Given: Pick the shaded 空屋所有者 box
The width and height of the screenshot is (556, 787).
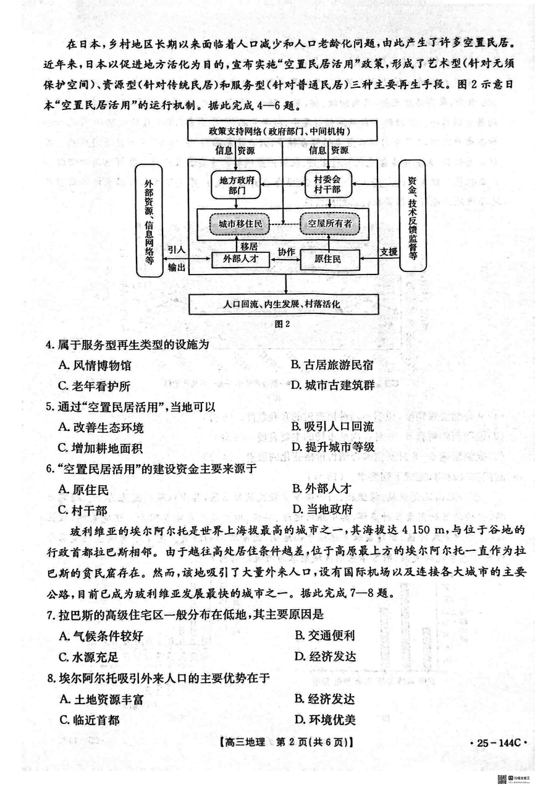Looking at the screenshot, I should [x=330, y=224].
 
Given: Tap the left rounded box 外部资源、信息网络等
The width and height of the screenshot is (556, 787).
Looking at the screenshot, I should [x=149, y=221].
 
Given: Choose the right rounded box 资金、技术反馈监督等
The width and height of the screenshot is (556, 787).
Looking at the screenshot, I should [x=412, y=216].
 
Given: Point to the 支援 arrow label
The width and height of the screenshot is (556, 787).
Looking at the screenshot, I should [x=388, y=252].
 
